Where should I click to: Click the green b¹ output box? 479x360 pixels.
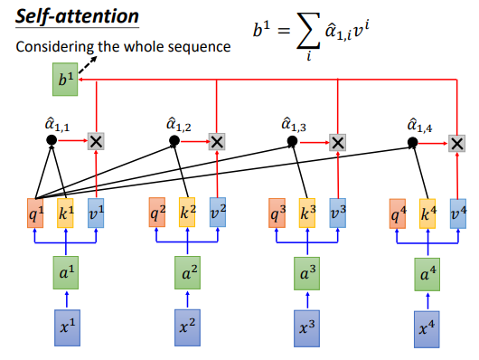click(x=65, y=80)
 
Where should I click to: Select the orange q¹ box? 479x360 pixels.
click(x=35, y=213)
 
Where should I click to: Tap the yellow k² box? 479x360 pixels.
click(x=187, y=213)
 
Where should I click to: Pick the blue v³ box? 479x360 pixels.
click(x=338, y=213)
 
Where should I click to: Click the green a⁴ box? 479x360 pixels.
click(x=427, y=274)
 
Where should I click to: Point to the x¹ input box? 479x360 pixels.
click(x=67, y=327)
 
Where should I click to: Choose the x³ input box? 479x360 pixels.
click(x=306, y=329)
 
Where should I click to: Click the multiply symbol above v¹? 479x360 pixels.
click(x=96, y=141)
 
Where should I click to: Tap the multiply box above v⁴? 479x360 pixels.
click(x=457, y=144)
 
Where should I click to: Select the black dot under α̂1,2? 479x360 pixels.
click(x=174, y=141)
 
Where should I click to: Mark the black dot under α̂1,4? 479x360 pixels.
click(x=412, y=142)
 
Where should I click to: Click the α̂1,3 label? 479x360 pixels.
click(x=294, y=126)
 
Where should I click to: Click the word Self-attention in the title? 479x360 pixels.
click(x=77, y=16)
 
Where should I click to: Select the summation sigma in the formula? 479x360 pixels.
click(x=308, y=31)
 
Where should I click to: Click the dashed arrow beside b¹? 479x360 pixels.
click(x=88, y=64)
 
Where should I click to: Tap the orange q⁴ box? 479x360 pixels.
click(x=398, y=213)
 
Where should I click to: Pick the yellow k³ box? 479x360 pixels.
click(x=307, y=213)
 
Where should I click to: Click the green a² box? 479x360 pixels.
click(x=188, y=273)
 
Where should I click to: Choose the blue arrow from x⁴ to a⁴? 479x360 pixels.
click(x=427, y=301)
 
